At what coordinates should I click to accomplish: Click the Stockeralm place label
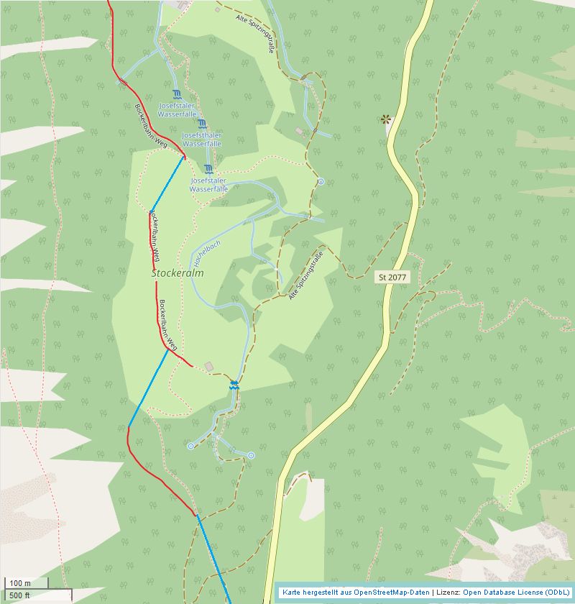pos(177,273)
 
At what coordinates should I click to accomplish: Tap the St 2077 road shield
pos(393,276)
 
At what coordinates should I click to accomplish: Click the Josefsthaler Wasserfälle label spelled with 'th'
pos(202,139)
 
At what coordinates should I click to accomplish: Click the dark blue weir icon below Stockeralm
pos(234,386)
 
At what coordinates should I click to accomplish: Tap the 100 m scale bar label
pos(20,582)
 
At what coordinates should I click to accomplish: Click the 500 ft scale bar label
pos(19,595)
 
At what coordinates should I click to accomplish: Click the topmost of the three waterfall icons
pos(177,94)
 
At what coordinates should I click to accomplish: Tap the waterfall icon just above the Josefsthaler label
pos(202,123)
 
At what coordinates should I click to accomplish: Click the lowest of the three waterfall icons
pos(208,169)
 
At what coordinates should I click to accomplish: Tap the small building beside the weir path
pos(209,367)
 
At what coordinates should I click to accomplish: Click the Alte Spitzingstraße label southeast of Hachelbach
pos(306,275)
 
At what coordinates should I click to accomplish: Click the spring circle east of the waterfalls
pos(321,181)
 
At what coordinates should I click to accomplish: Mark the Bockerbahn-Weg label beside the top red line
pos(152,125)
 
